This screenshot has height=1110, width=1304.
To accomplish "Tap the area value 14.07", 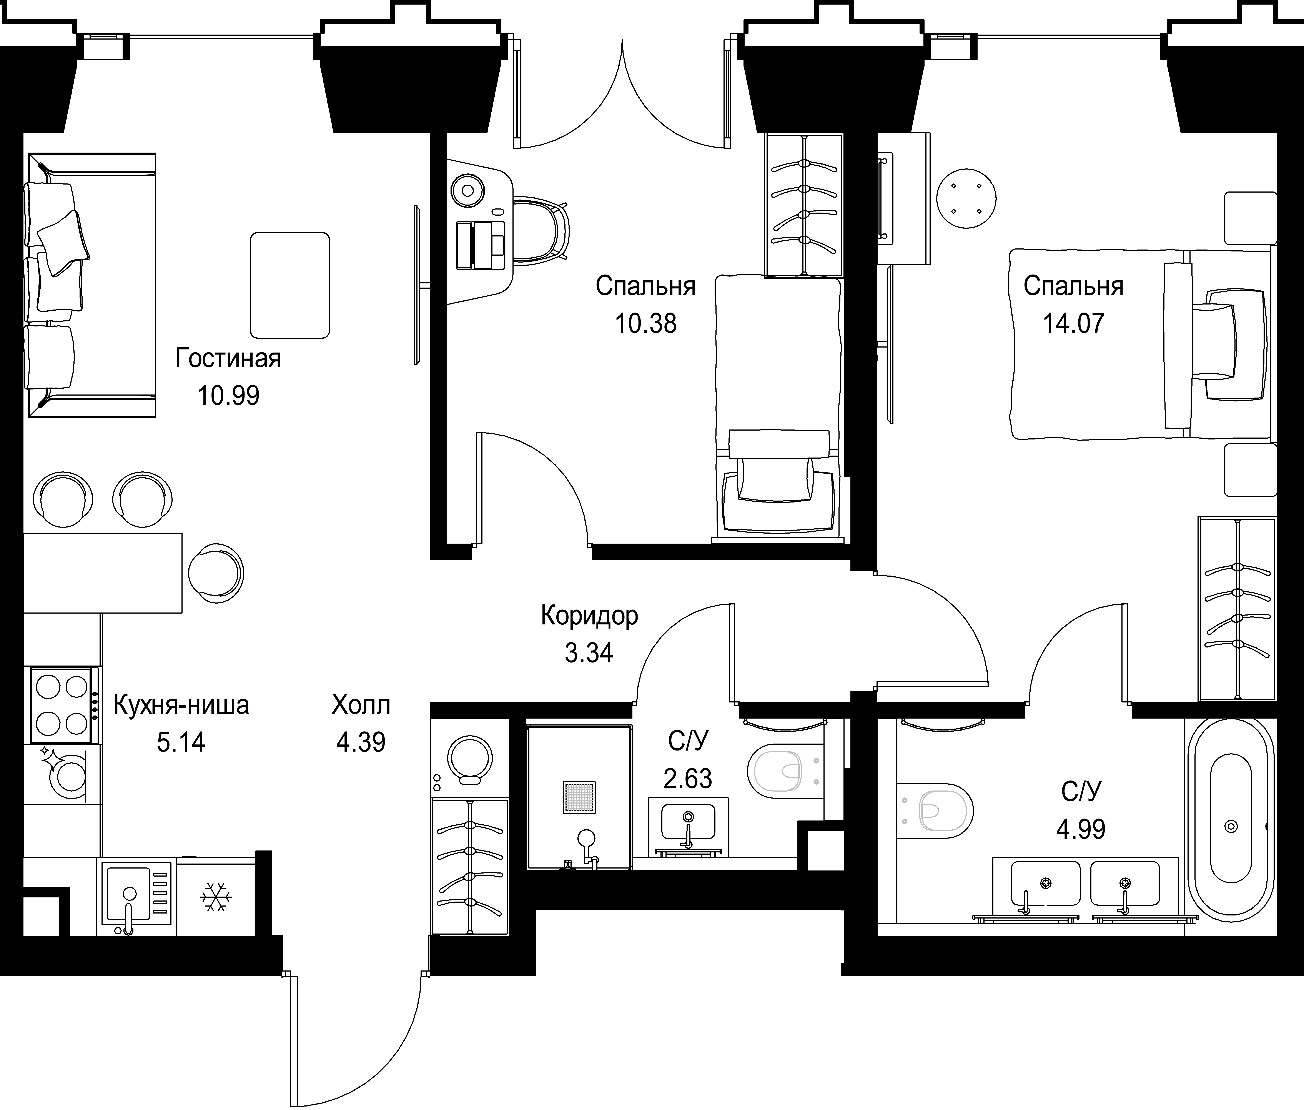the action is (x=1073, y=323).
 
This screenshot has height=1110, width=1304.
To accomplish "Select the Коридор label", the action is (x=589, y=615).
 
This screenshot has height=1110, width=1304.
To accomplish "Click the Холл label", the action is (x=360, y=705).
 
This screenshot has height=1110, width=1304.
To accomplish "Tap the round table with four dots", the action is (x=966, y=199).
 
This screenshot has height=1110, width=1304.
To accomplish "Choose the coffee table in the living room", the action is (x=290, y=285).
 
